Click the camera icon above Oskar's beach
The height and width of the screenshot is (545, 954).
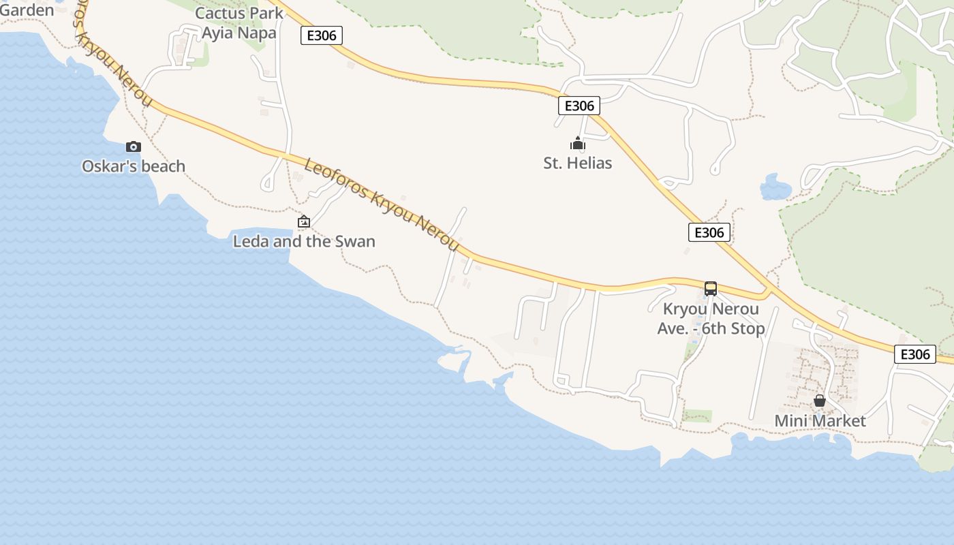point(134,146)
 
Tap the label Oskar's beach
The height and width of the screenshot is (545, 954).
point(134,166)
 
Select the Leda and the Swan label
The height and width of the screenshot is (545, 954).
point(304,241)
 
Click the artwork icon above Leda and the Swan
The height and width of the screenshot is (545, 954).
point(304,221)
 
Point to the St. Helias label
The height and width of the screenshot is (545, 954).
point(578,163)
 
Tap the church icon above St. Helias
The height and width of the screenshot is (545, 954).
point(578,144)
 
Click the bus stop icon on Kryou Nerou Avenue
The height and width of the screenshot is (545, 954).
point(711,289)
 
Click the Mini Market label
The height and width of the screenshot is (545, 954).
point(820,421)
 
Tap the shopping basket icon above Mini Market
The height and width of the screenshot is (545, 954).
point(820,401)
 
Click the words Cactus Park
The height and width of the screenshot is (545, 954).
point(239,14)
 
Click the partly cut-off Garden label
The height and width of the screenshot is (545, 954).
point(27,10)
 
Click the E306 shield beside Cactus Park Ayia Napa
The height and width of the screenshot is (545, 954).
point(322,35)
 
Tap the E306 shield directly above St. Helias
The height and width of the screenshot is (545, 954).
point(579,106)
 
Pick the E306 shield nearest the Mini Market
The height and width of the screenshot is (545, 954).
point(914,354)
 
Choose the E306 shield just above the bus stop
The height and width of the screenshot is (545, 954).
point(709,232)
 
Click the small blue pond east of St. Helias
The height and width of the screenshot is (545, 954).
point(775,187)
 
